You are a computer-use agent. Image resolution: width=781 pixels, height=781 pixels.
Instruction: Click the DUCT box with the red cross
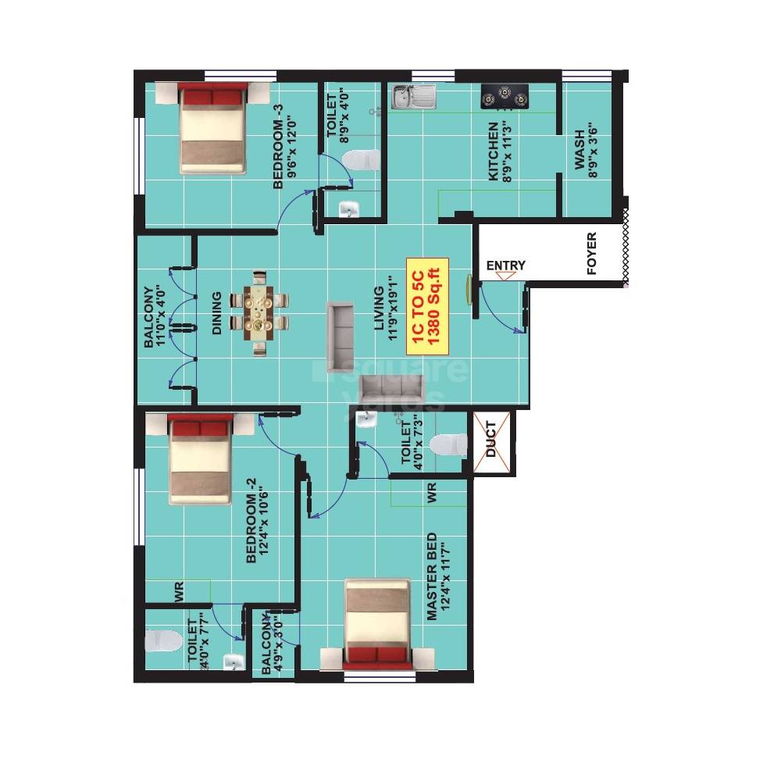(491, 443)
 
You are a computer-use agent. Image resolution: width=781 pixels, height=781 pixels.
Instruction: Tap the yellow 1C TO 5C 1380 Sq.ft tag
(427, 306)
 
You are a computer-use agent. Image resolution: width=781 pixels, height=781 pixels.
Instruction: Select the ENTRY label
(505, 266)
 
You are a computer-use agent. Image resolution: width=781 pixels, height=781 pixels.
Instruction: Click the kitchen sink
(412, 98)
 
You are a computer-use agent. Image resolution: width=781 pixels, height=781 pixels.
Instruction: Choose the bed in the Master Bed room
(377, 624)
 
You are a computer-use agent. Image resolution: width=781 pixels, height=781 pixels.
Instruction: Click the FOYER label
(591, 254)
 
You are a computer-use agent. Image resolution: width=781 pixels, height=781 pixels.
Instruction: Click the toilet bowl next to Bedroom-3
(361, 160)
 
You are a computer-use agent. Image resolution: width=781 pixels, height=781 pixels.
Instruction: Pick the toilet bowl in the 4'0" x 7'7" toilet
(161, 641)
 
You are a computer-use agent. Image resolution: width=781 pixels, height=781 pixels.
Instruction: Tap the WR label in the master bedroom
(431, 494)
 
